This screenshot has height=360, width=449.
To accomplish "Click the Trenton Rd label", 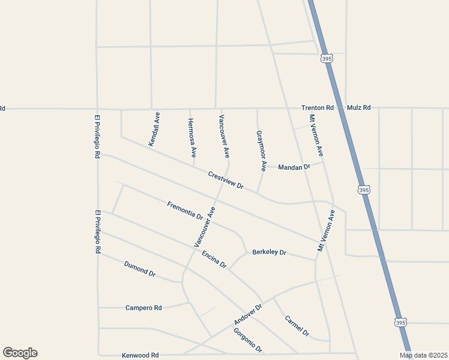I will pos(317,107).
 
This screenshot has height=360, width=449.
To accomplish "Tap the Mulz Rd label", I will pos(358,107).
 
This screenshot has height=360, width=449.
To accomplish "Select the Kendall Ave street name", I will pos(154,129).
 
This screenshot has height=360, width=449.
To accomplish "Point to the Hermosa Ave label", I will pos(191,137).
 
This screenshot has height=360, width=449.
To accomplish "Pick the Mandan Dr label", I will pos(294,167).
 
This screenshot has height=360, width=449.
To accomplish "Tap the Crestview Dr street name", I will pos(226,181).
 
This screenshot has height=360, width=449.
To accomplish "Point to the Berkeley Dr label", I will pos(269,252).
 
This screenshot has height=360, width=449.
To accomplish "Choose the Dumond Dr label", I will pos(140,269).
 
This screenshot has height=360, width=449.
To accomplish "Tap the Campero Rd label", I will pos(143,308).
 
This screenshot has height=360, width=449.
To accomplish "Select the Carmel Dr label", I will pos(297,326).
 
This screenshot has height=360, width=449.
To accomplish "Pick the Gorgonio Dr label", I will pos(248,341).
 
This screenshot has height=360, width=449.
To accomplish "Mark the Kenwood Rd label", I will pos(140,355).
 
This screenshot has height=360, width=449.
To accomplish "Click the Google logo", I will pos(20,353).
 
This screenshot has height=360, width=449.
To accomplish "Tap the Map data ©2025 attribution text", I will pos(424,355).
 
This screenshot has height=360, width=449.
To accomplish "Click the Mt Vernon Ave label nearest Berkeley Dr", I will pos(326,230).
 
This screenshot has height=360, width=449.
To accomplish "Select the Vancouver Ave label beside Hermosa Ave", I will pos(224,136).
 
